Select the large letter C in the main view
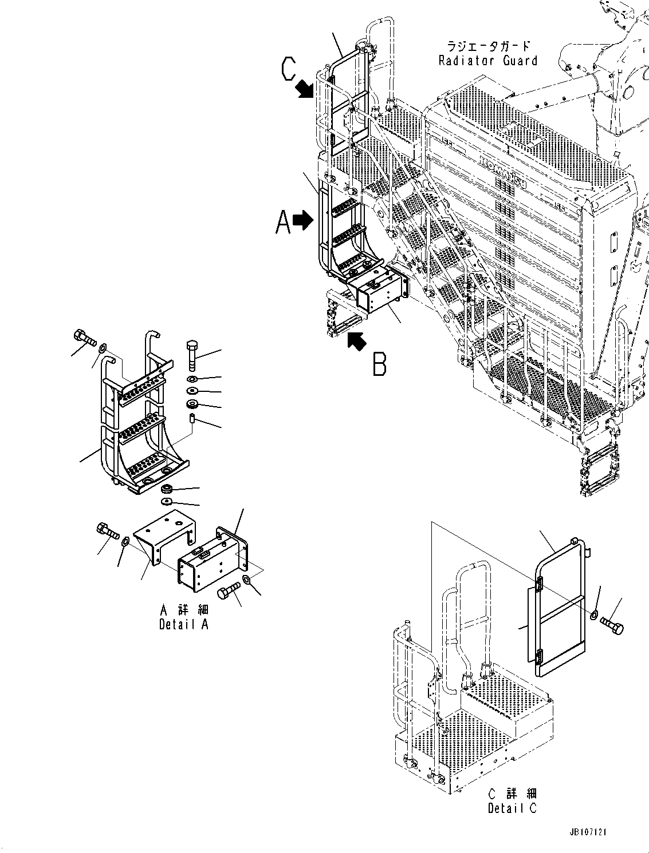click(x=289, y=70)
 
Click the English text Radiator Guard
click(x=488, y=61)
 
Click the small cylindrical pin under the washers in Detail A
click(x=192, y=420)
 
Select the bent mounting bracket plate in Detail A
click(x=162, y=538)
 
